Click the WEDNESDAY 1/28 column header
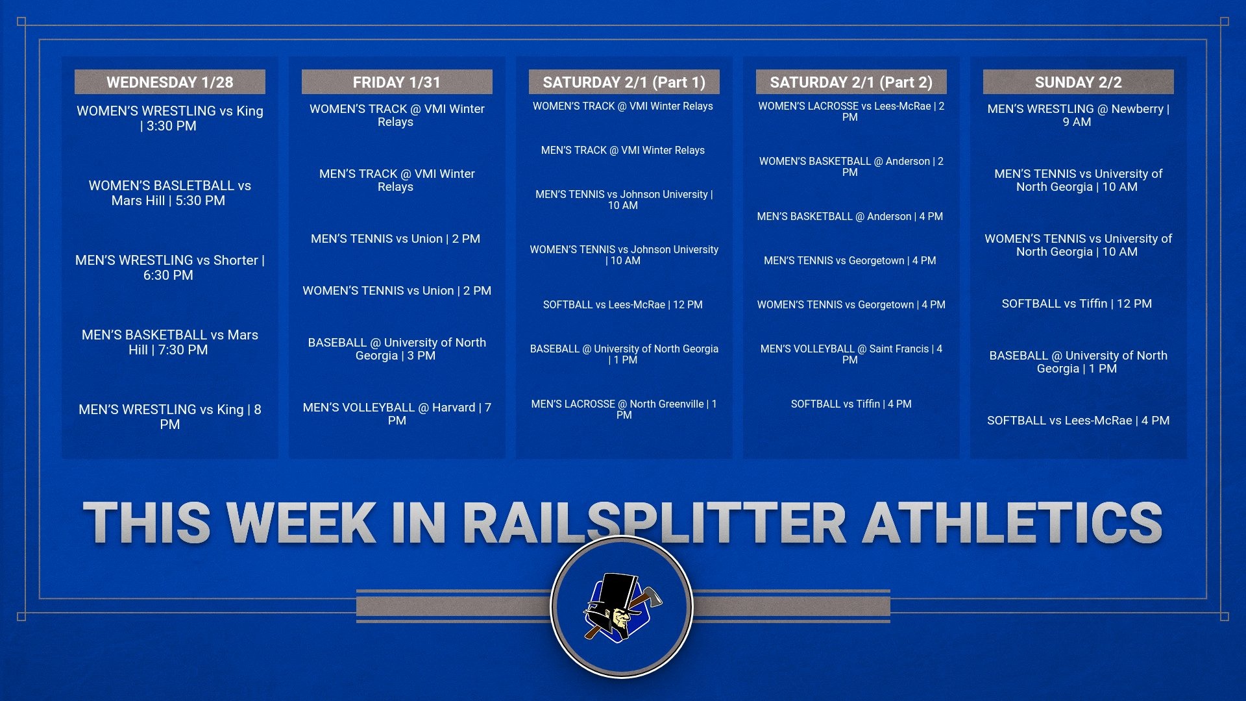[x=169, y=82]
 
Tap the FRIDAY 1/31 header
[x=397, y=82]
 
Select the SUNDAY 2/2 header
[x=1078, y=82]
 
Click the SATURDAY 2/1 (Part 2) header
[x=851, y=82]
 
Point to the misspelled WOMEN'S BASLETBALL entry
[x=169, y=193]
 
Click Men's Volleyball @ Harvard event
[x=397, y=413]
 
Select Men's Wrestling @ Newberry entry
[x=1078, y=115]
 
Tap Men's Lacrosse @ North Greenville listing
[x=624, y=409]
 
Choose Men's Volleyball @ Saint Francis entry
[x=851, y=354]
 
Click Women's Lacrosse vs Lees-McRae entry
[x=851, y=111]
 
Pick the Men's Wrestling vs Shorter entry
[x=169, y=267]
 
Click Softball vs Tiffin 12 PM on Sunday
[x=1077, y=303]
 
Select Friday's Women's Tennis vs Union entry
[x=397, y=290]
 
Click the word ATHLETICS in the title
[x=1012, y=523]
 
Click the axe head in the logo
[x=651, y=596]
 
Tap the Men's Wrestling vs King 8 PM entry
[x=169, y=417]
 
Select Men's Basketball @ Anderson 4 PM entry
[x=849, y=216]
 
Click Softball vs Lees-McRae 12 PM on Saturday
[x=622, y=304]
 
